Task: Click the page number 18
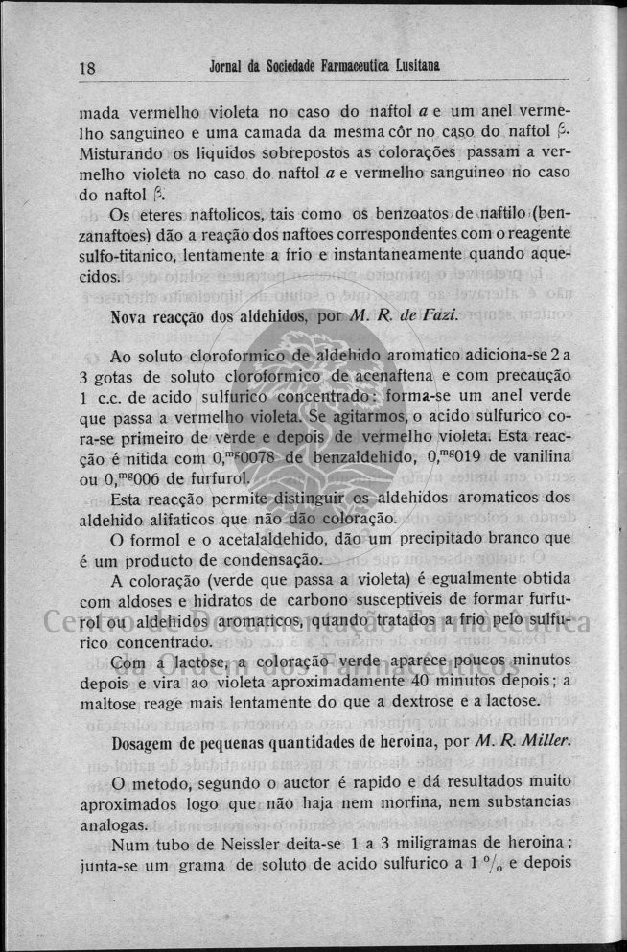click(87, 69)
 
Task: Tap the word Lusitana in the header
click(416, 65)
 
